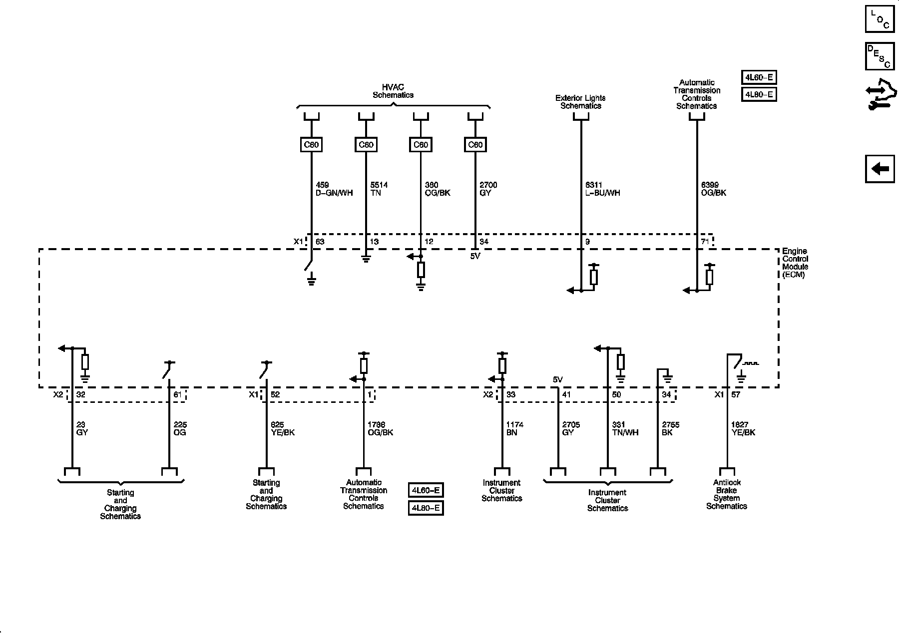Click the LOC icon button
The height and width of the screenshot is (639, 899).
click(880, 18)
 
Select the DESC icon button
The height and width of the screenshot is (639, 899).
click(880, 56)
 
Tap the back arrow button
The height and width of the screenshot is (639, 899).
click(880, 169)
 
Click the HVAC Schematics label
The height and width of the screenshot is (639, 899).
click(393, 91)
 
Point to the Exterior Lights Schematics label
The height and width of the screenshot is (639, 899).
click(580, 102)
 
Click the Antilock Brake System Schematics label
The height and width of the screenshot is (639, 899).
click(727, 494)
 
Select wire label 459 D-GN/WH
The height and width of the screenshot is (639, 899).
click(334, 189)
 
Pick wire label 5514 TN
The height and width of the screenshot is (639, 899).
click(379, 189)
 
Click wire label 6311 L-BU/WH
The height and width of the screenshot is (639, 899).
click(602, 189)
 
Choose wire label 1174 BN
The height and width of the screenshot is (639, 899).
click(514, 428)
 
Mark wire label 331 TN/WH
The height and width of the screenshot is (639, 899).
click(625, 428)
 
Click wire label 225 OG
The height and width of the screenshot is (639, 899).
click(180, 428)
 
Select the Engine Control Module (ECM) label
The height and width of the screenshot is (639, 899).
click(795, 263)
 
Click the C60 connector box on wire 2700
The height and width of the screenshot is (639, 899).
click(475, 145)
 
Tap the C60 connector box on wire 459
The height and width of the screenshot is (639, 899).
click(311, 145)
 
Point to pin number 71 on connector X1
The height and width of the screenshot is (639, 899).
click(705, 242)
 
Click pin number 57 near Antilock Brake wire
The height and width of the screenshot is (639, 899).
click(735, 394)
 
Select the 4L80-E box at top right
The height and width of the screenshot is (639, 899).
click(759, 94)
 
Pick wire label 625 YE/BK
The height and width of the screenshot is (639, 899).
click(282, 428)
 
